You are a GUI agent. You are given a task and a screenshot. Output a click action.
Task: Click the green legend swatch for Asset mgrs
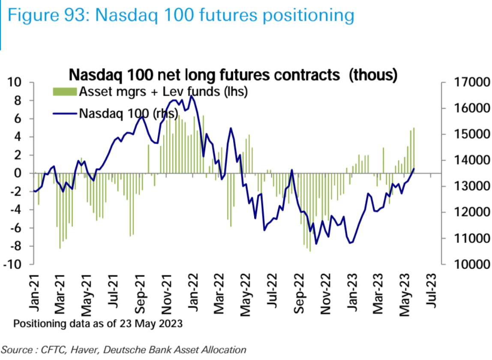click(65, 91)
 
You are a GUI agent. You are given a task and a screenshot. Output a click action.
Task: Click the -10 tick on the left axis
click(16, 264)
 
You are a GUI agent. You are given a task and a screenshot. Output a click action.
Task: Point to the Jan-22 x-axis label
click(195, 293)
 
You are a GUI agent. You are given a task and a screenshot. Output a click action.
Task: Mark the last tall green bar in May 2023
click(414, 150)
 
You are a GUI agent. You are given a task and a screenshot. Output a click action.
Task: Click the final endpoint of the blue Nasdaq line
click(414, 168)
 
